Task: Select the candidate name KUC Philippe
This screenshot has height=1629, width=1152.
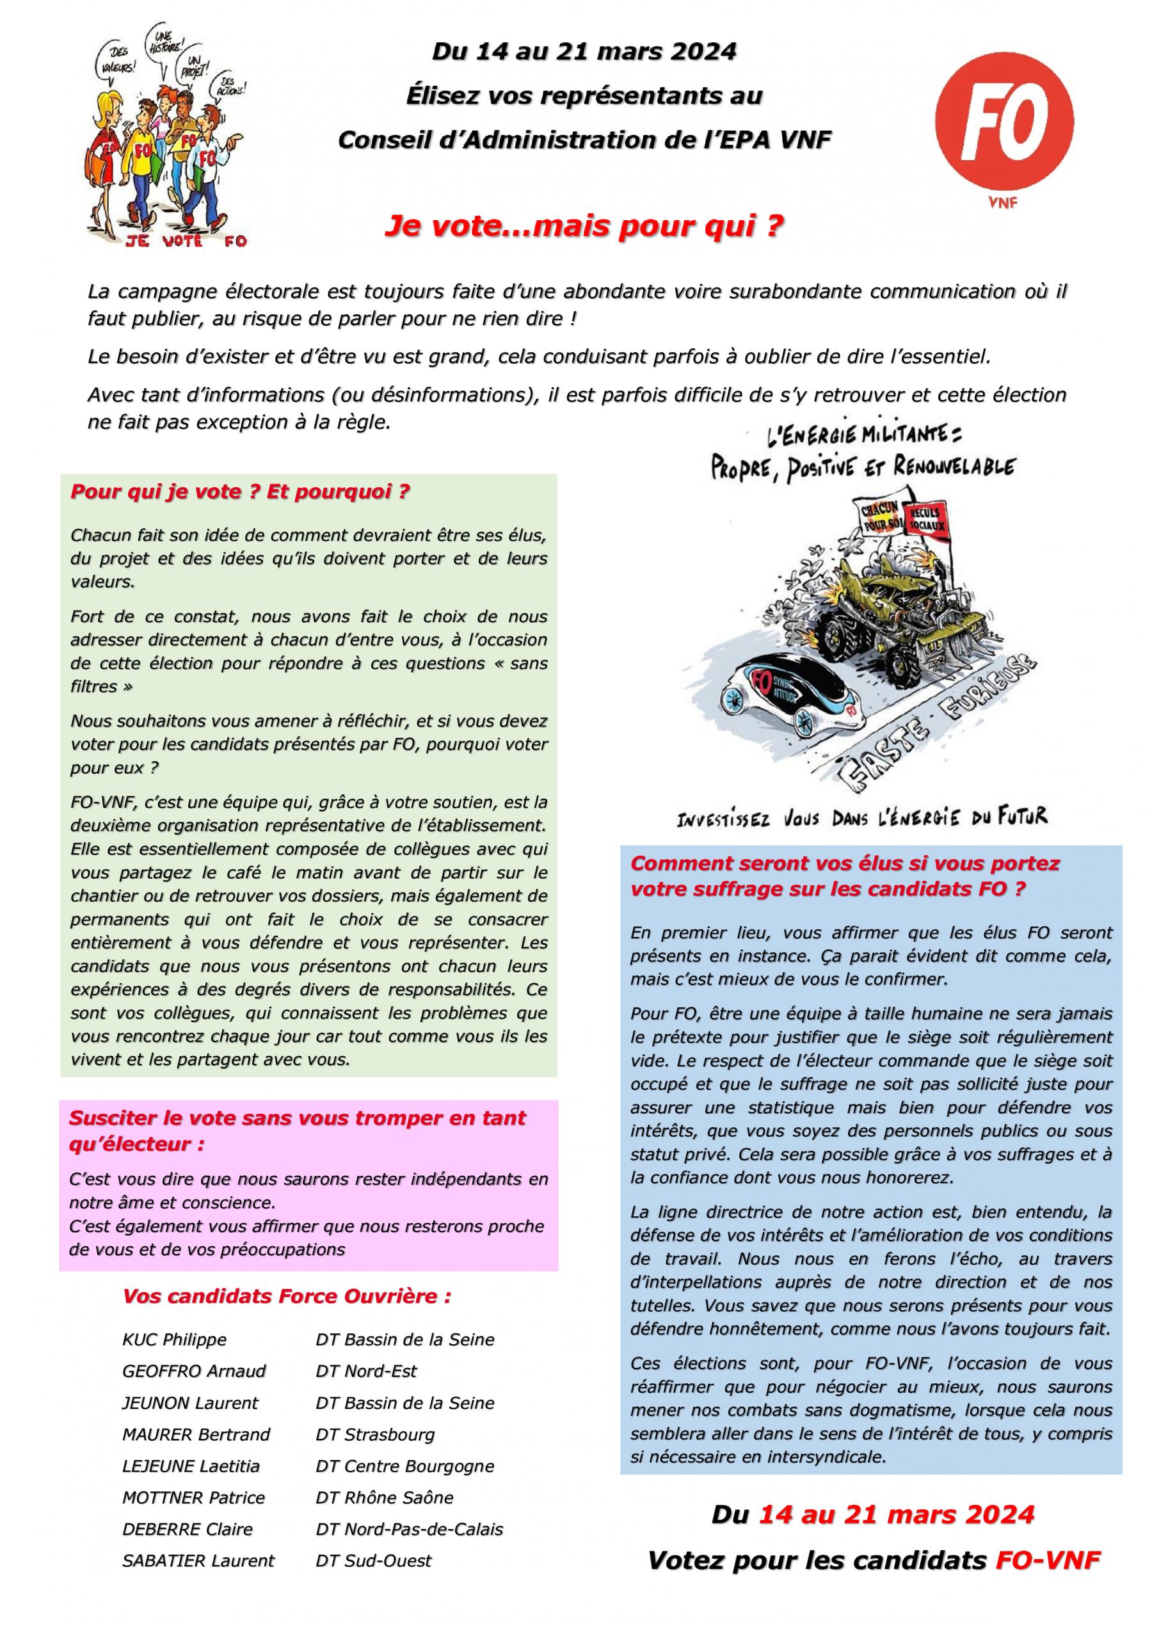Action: pyautogui.click(x=175, y=1340)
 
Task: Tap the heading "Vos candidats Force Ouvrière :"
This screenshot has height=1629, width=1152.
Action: pyautogui.click(x=287, y=1296)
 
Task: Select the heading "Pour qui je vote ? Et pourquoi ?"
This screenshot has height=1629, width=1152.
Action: pyautogui.click(x=241, y=492)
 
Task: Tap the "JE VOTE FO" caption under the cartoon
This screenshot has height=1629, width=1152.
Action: pyautogui.click(x=186, y=241)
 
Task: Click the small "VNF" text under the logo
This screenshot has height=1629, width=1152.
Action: pyautogui.click(x=1002, y=204)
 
